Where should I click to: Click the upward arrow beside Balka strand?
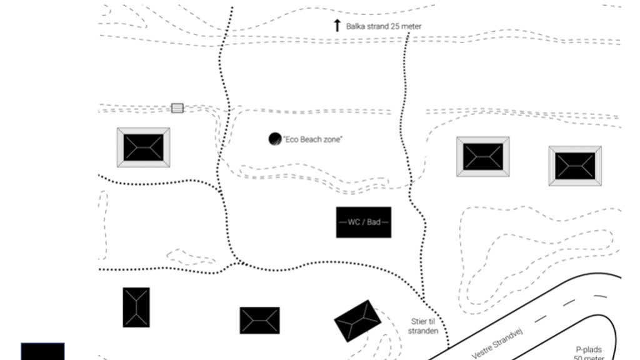click(337, 25)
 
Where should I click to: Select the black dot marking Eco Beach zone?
click(275, 139)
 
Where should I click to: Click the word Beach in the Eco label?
click(312, 139)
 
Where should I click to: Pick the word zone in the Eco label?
click(333, 139)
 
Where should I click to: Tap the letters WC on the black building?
click(354, 222)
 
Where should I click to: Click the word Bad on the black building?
click(374, 222)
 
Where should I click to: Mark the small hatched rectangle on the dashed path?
click(177, 108)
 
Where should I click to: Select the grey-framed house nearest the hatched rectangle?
click(143, 147)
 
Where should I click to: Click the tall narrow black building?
click(136, 307)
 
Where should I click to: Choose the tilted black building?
click(357, 321)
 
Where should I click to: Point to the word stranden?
click(423, 331)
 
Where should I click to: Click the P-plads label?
click(589, 350)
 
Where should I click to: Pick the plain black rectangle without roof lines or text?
click(43, 351)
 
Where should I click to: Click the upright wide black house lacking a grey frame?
click(259, 321)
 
